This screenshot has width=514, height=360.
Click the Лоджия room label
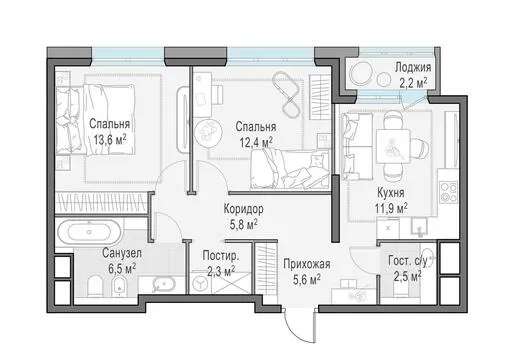[x=413, y=67]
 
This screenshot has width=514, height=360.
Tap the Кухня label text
[x=391, y=193]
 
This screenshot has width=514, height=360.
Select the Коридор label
[x=243, y=209]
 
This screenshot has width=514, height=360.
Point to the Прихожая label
[x=307, y=264]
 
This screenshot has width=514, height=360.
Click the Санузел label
[x=122, y=253]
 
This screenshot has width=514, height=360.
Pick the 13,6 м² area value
[x=110, y=140]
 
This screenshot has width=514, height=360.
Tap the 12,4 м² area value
[x=256, y=143]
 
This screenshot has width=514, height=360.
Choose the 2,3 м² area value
[x=221, y=272]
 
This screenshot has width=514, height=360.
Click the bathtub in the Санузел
[x=89, y=232]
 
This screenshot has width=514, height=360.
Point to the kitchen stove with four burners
[x=448, y=192]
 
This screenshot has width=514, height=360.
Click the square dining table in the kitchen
[x=393, y=146]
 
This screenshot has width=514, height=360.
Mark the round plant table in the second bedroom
[x=207, y=130]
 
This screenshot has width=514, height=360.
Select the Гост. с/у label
[x=407, y=261]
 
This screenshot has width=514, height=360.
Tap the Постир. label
[x=221, y=256]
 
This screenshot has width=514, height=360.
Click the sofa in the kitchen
[x=357, y=146]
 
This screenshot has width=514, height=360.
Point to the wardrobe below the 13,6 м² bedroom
[x=101, y=202]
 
